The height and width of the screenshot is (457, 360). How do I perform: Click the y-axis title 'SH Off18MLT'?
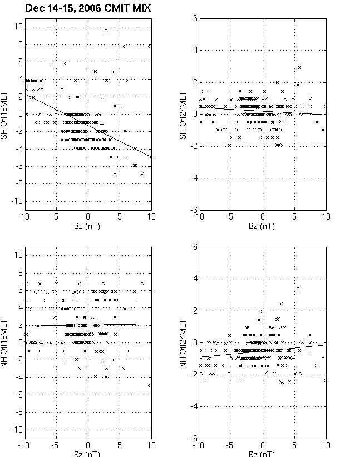5,114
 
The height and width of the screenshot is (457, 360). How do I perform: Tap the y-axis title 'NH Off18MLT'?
5,341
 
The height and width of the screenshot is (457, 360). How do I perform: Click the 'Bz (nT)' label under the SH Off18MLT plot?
87,227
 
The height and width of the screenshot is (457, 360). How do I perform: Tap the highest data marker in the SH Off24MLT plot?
299,67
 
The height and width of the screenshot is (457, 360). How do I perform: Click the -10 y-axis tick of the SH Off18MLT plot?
17,201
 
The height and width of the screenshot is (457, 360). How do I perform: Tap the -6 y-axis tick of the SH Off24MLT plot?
193,210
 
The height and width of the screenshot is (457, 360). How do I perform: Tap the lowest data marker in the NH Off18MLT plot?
149,385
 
